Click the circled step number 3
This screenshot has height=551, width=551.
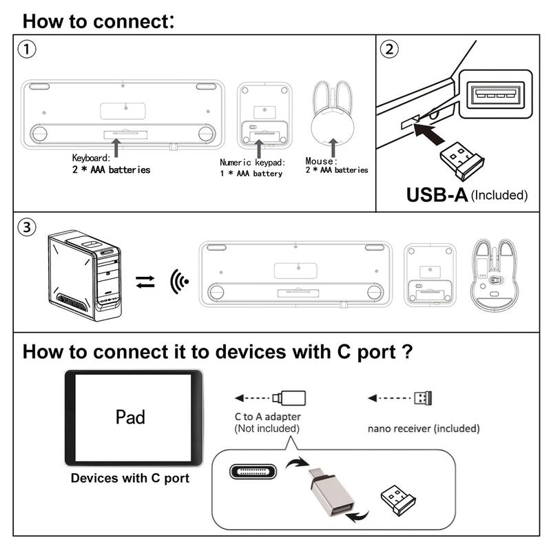coord(27,228)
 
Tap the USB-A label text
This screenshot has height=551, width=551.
coord(437,194)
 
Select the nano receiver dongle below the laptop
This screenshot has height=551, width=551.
coord(457,157)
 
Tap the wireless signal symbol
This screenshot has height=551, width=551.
coord(179,281)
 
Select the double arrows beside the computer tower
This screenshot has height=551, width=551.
coord(145,281)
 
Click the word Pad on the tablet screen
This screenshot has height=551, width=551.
coord(130,417)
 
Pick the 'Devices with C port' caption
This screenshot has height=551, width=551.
coord(130,477)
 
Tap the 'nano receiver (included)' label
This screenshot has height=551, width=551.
coord(423,428)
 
